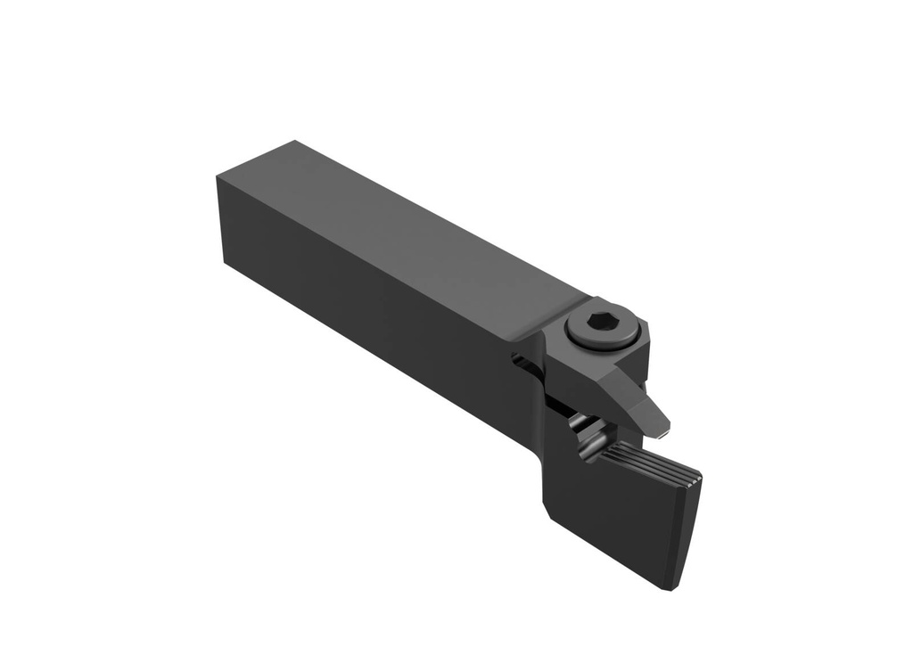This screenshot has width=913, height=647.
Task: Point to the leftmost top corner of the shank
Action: click(x=218, y=176)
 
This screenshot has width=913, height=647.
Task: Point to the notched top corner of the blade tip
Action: click(x=701, y=476)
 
